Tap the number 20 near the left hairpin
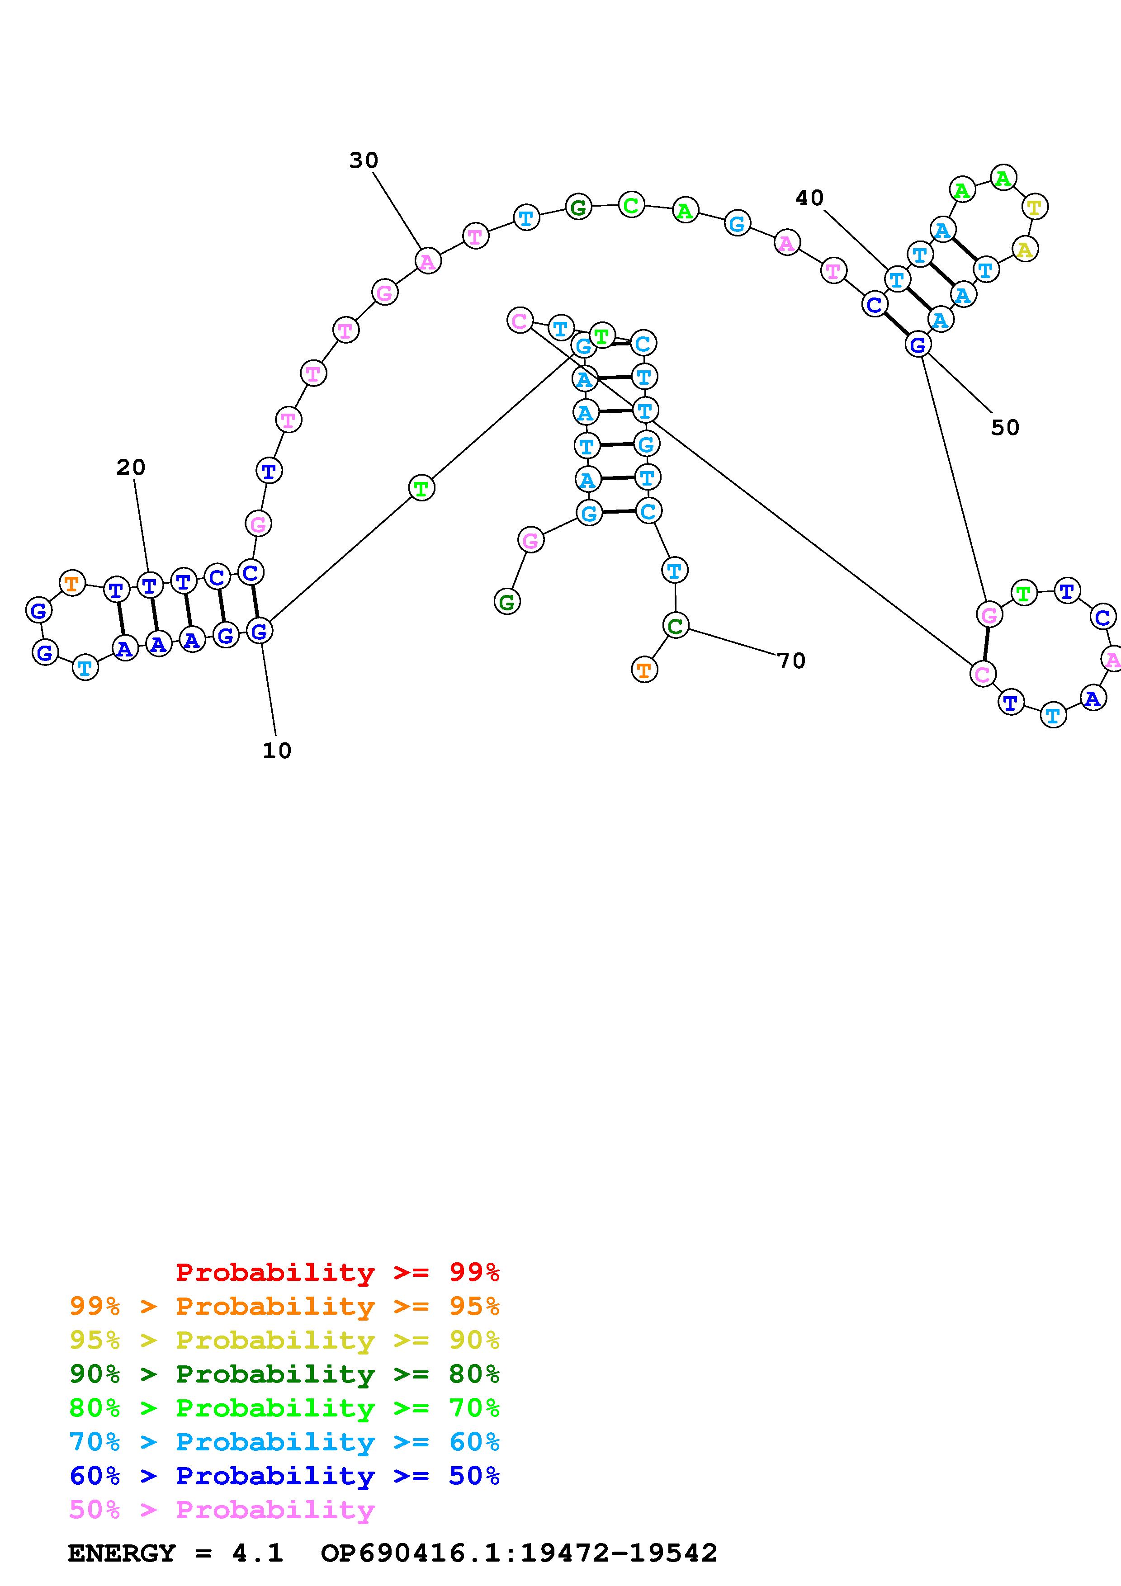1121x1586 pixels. click(x=131, y=467)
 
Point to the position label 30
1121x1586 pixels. click(x=363, y=160)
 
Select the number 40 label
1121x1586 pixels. click(x=809, y=198)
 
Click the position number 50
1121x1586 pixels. click(x=1005, y=428)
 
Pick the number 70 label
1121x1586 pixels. click(x=791, y=661)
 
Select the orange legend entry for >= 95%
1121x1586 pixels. click(x=284, y=1306)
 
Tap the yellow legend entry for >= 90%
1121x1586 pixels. click(x=284, y=1340)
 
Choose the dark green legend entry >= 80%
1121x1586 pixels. click(x=284, y=1374)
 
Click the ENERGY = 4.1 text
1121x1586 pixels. click(x=175, y=1553)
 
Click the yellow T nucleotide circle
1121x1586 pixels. click(x=1034, y=207)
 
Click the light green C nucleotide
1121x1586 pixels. click(x=631, y=205)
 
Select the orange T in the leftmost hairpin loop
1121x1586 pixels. click(x=72, y=583)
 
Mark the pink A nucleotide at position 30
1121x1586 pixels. click(x=427, y=262)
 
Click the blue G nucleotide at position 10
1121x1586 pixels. click(x=259, y=631)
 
